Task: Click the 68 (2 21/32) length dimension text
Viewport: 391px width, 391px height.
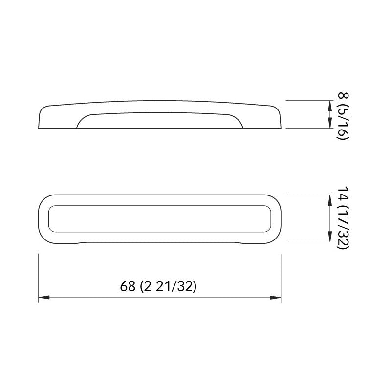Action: coord(159,286)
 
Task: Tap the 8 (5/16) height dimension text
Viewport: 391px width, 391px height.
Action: coord(342,115)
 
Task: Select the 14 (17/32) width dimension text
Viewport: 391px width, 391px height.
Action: coord(342,218)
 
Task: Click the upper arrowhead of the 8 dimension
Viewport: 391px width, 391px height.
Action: coord(328,104)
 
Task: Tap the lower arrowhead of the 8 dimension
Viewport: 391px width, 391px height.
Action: coord(328,125)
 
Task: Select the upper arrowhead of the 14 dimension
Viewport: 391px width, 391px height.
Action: coord(328,198)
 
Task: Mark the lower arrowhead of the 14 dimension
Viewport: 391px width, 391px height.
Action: coord(328,238)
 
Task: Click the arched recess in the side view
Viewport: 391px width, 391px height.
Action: coord(160,120)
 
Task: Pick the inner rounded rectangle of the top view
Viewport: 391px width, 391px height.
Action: coord(160,218)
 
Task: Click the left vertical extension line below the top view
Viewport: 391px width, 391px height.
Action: coord(39,276)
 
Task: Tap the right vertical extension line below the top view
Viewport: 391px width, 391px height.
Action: coord(281,276)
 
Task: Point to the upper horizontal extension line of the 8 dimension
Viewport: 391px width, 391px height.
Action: coord(308,101)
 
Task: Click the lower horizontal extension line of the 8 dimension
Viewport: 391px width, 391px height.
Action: coord(308,129)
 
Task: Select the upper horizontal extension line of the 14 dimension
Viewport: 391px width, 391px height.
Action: coord(308,195)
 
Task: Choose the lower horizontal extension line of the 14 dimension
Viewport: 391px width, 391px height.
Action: coord(308,242)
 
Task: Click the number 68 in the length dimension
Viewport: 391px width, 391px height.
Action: coord(128,286)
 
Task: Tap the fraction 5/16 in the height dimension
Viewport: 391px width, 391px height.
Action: coord(342,123)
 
